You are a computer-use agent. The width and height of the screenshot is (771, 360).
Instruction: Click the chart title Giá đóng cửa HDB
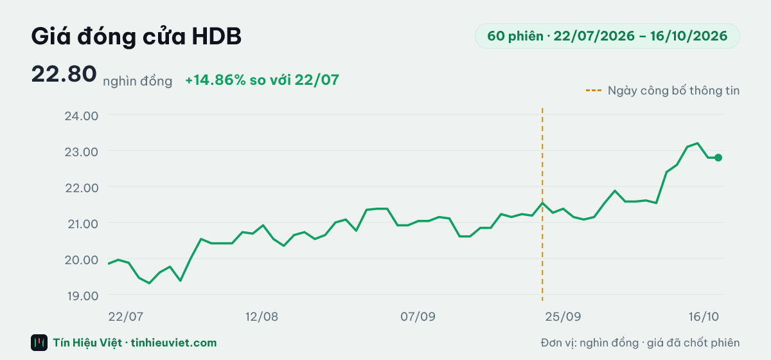[x=136, y=37]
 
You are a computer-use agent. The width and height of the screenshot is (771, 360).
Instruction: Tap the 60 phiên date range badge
[x=607, y=36]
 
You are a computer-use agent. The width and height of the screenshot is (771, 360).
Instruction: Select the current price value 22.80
[x=64, y=74]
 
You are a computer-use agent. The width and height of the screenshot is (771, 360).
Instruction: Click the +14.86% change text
[x=262, y=80]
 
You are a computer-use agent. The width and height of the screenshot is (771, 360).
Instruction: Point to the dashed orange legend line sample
[x=594, y=91]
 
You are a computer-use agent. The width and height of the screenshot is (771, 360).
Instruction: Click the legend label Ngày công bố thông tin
[x=673, y=91]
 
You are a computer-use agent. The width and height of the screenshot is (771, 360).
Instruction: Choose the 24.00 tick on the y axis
[x=82, y=116]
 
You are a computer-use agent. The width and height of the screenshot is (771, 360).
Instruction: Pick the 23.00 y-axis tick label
[x=82, y=152]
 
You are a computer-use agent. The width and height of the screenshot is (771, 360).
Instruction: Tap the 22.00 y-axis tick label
[x=82, y=188]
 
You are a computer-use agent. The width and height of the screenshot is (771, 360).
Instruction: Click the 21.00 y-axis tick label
[x=83, y=224]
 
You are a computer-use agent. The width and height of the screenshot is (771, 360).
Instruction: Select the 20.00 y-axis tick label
[x=82, y=260]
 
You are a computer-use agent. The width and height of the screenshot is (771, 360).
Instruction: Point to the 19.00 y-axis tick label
[x=83, y=296]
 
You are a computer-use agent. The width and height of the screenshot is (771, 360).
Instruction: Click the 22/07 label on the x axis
[x=126, y=316]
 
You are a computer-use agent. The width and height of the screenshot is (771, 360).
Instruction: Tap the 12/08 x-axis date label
[x=261, y=316]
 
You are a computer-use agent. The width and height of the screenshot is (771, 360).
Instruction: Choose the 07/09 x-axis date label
[x=418, y=316]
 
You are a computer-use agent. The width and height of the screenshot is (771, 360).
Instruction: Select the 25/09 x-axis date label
[x=563, y=316]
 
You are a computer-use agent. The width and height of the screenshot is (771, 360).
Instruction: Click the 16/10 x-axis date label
[x=704, y=316]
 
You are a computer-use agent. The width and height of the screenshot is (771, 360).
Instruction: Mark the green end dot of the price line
[x=718, y=157]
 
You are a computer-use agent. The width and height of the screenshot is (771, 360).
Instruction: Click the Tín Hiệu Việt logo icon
[x=39, y=343]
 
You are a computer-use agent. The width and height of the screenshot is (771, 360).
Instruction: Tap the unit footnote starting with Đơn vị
[x=640, y=343]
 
